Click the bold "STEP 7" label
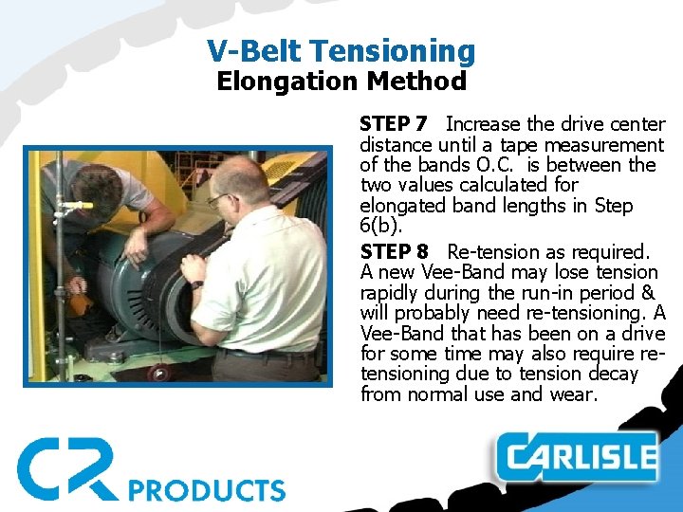[394, 124]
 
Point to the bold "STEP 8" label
[395, 252]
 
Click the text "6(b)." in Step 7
[380, 227]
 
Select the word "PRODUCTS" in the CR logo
[206, 489]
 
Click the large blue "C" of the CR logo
[42, 467]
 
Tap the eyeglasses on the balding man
[218, 199]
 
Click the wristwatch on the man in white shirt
[196, 283]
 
